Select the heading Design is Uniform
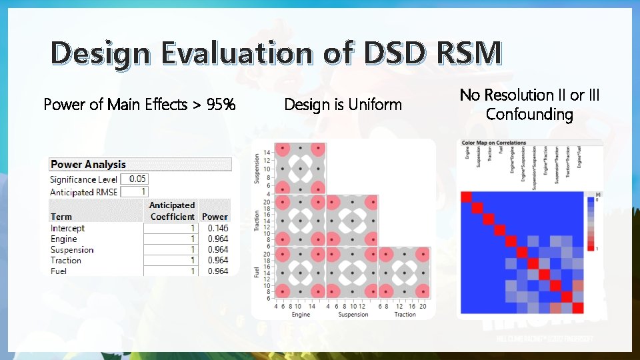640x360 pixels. pyautogui.click(x=343, y=105)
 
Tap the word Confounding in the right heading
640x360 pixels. pyautogui.click(x=529, y=115)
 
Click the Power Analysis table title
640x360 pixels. pyautogui.click(x=88, y=164)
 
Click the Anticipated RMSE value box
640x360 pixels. pyautogui.click(x=134, y=192)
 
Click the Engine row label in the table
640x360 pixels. pyautogui.click(x=64, y=239)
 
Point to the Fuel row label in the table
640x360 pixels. pyautogui.click(x=59, y=271)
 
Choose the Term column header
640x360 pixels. pyautogui.click(x=61, y=217)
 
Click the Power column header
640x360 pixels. pyautogui.click(x=215, y=217)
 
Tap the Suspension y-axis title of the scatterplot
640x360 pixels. pyautogui.click(x=256, y=168)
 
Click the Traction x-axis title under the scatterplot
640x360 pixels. pyautogui.click(x=405, y=314)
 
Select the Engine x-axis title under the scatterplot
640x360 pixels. pyautogui.click(x=301, y=314)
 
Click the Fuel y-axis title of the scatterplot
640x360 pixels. pyautogui.click(x=256, y=273)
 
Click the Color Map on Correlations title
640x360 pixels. pyautogui.click(x=494, y=143)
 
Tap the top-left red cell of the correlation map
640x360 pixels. pyautogui.click(x=467, y=197)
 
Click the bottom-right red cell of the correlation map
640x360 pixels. pyautogui.click(x=578, y=308)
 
